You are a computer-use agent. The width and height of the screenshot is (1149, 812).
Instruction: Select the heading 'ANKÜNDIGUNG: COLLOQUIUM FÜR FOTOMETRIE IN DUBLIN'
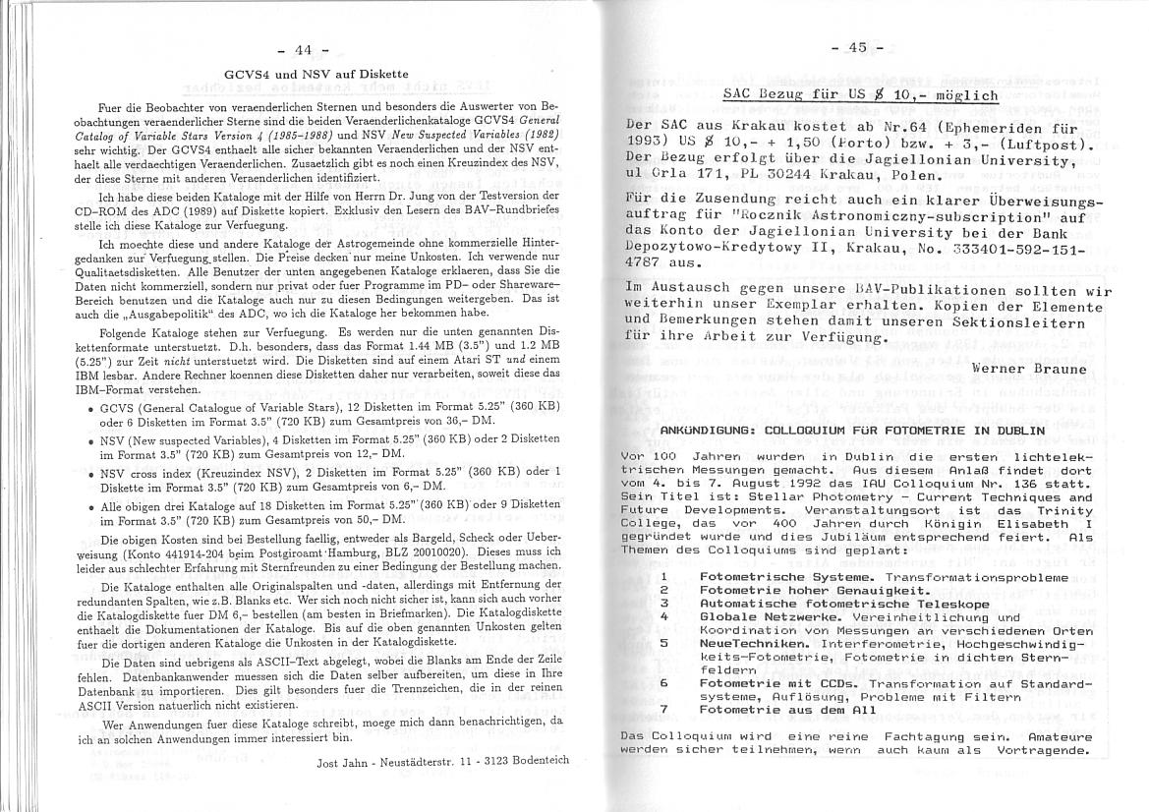pyautogui.click(x=852, y=430)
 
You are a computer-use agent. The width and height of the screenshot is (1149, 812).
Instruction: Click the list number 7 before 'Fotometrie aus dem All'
pyautogui.click(x=664, y=709)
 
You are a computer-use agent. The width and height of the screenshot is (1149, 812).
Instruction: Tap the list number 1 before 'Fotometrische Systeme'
pyautogui.click(x=664, y=577)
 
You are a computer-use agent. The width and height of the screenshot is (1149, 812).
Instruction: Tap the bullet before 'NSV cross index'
pyautogui.click(x=91, y=475)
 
